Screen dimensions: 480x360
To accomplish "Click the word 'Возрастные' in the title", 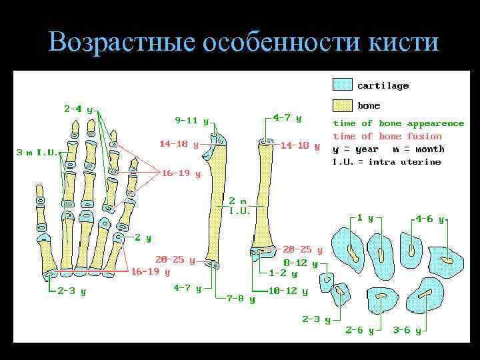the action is (x=120, y=43).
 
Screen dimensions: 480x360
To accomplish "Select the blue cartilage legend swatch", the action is (x=343, y=85).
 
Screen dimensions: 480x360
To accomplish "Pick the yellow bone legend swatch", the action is (x=343, y=105).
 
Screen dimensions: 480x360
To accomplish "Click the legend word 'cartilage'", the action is (x=383, y=85).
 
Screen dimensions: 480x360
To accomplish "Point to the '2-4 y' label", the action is (x=78, y=109).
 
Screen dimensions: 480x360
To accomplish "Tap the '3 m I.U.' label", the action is (x=37, y=152).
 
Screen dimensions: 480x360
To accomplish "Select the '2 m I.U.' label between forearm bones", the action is (x=239, y=205).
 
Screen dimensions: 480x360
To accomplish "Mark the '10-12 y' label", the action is (x=288, y=291).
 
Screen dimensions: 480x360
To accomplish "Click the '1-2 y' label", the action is (x=283, y=273).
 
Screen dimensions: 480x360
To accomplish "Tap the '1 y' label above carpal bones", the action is (x=365, y=217).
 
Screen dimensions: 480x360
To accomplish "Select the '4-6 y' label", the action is (x=429, y=218).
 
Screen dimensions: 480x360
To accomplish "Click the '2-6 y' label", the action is (x=359, y=330).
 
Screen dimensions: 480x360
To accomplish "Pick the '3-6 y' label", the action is (x=407, y=330).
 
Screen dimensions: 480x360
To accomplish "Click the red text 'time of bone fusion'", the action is (x=387, y=136).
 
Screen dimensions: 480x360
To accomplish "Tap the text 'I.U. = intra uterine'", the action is (x=387, y=161).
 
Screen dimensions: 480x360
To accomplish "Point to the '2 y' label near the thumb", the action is (x=143, y=237).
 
